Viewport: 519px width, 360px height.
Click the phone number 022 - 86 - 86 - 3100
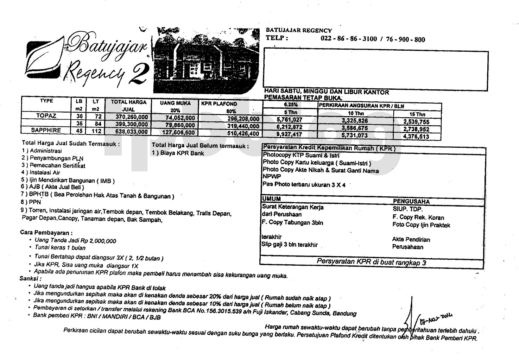[x=349, y=39]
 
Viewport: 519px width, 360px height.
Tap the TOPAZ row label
[x=46, y=116]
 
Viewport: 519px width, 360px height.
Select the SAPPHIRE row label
[x=46, y=130]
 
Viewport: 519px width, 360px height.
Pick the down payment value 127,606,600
[x=178, y=132]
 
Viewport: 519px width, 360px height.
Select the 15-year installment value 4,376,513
[x=416, y=137]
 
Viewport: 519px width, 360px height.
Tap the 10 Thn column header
[x=356, y=113]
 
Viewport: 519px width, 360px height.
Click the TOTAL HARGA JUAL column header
[x=129, y=106]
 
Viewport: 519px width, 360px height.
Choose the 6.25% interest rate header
[x=291, y=105]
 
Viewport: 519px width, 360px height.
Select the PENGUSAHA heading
[x=411, y=202]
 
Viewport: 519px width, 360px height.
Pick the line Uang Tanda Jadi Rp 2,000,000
[x=75, y=241]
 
